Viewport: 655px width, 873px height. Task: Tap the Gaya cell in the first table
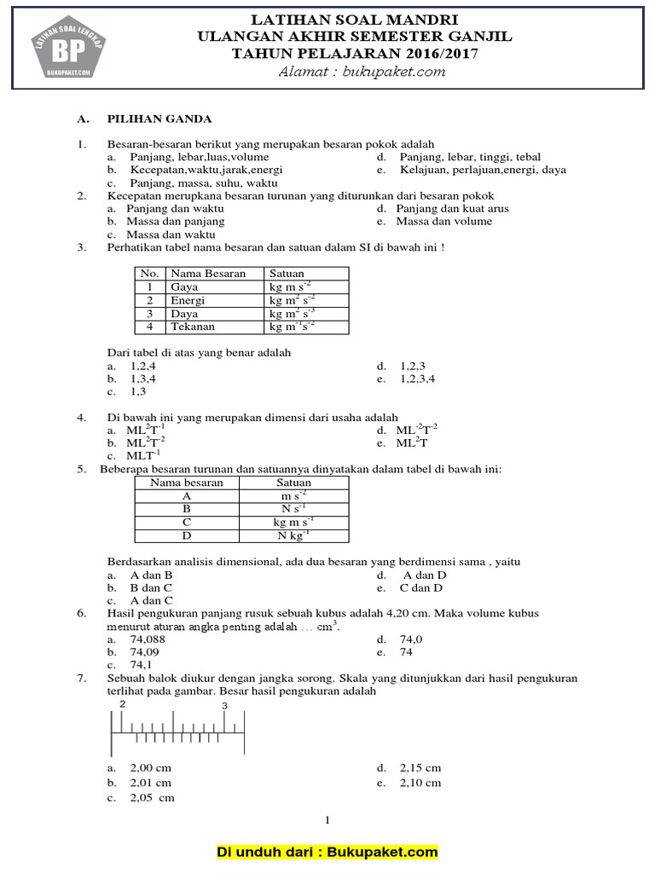(x=184, y=287)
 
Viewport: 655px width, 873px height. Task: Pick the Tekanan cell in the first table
(x=193, y=327)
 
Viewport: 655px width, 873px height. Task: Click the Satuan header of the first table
(x=287, y=274)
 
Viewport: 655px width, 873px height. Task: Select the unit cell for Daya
(x=292, y=314)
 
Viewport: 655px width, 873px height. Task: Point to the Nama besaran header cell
(x=187, y=483)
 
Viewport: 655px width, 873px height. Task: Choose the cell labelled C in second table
(x=187, y=522)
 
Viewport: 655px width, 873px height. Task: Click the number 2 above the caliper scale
(x=123, y=704)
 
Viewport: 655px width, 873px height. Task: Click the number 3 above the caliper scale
(x=224, y=705)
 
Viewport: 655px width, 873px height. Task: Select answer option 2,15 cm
(x=420, y=767)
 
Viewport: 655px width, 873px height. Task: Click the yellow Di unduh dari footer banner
(x=327, y=852)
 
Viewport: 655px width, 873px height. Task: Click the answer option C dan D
(x=421, y=587)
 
